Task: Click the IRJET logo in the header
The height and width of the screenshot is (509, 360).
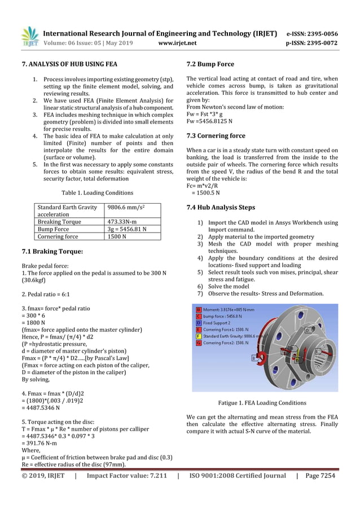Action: tap(29, 37)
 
